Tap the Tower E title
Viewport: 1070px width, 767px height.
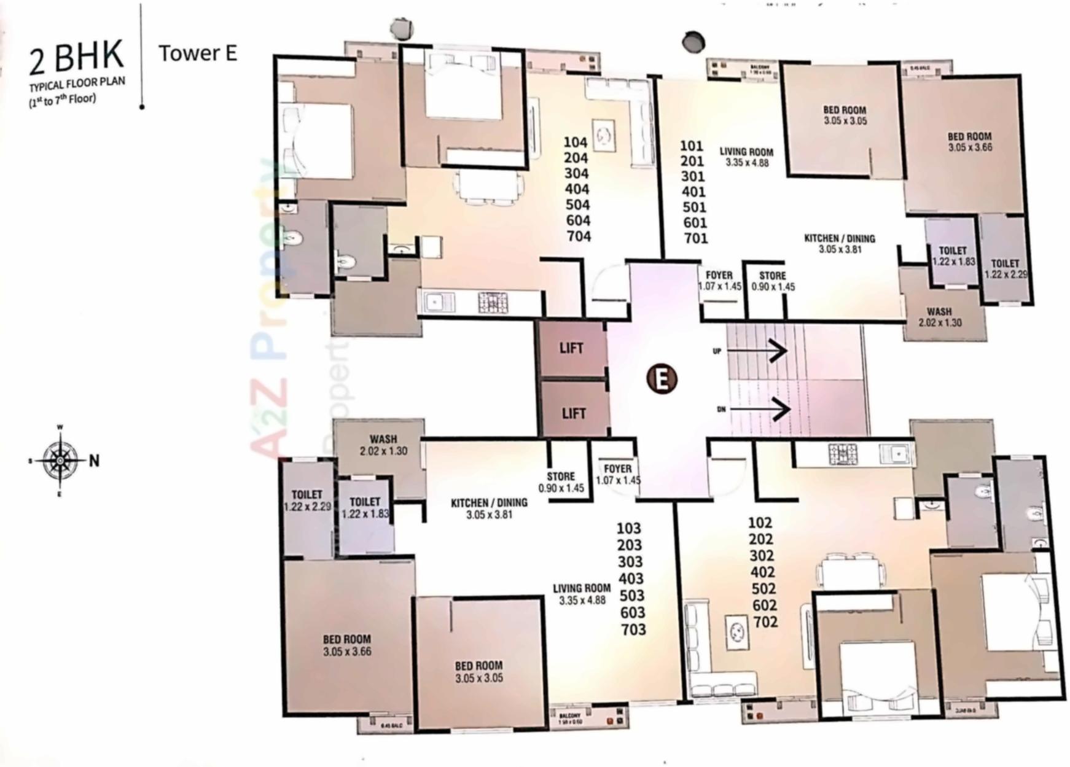198,53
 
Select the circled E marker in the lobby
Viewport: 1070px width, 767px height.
662,379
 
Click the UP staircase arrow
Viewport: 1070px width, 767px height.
757,351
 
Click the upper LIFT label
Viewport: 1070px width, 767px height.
571,349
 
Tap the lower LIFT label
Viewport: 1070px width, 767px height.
574,413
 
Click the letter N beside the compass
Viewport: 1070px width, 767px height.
94,461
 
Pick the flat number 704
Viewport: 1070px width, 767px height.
577,236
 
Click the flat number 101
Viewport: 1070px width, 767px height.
691,146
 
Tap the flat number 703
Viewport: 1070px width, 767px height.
633,629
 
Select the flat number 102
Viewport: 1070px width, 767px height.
760,523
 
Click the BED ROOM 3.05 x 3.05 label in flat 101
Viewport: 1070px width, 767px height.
845,115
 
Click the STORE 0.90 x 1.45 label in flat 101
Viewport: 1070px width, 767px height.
773,281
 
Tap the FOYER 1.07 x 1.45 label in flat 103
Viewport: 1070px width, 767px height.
618,475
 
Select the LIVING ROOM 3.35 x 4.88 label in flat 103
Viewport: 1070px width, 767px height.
582,594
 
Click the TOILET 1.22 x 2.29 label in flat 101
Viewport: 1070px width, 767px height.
1006,269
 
